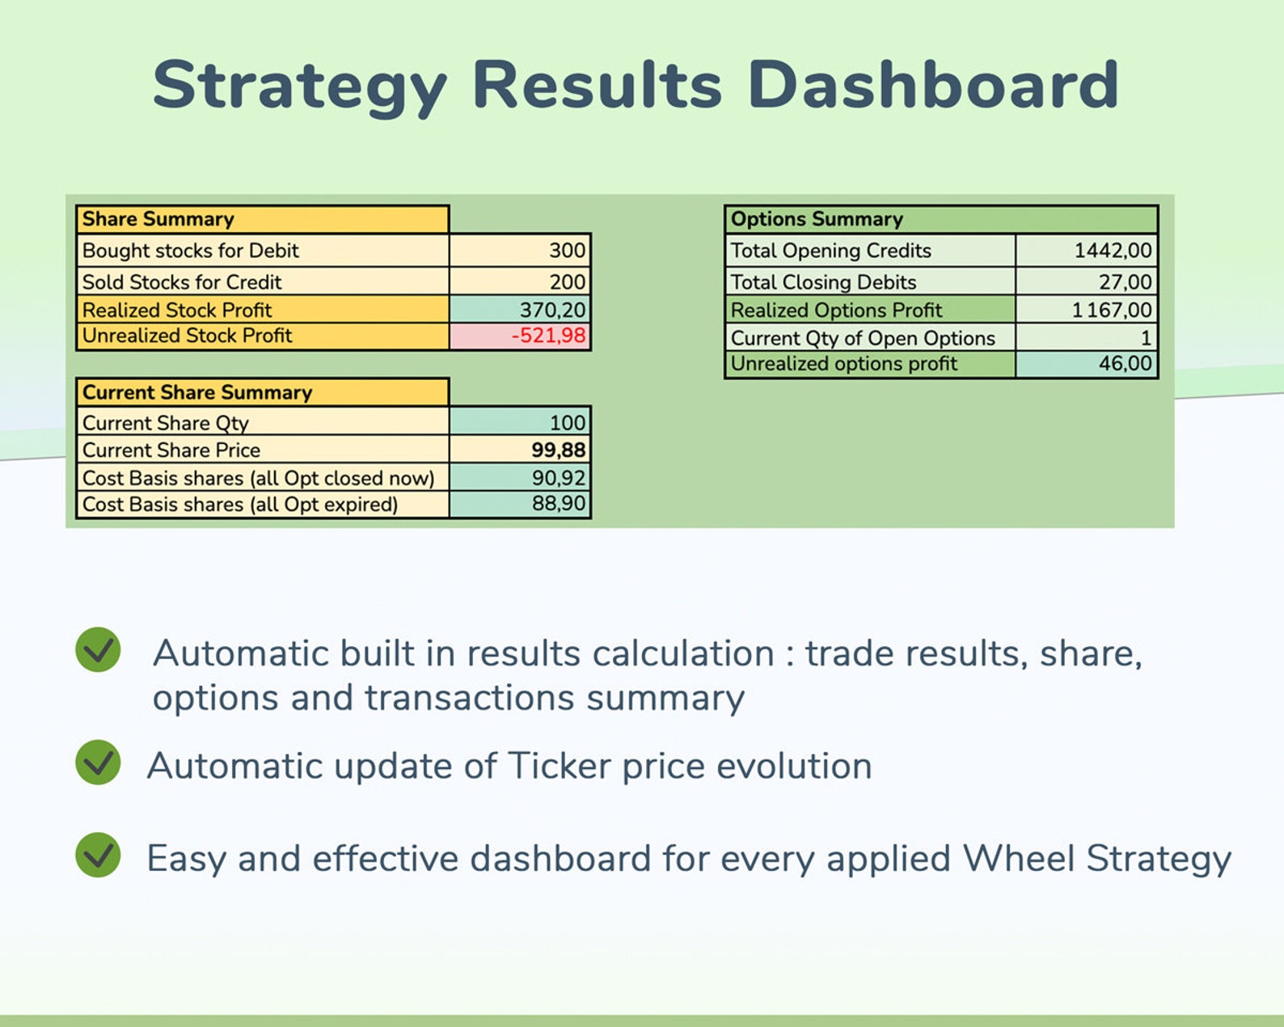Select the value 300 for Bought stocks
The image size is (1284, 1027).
[x=567, y=251]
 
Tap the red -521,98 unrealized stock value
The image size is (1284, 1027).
[x=548, y=336]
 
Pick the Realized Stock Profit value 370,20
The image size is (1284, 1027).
[x=552, y=310]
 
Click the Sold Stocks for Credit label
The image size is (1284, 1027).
[x=182, y=282]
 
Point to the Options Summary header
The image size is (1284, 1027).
[x=817, y=219]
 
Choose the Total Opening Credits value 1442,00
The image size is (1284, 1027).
[x=1113, y=251]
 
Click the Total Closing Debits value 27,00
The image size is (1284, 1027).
[x=1125, y=282]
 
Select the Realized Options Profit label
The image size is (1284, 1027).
[x=836, y=310]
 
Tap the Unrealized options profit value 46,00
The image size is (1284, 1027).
[x=1125, y=364]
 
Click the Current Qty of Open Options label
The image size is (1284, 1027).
[x=863, y=338]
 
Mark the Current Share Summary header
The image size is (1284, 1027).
[x=197, y=392]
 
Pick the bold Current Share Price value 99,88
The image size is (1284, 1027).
[x=558, y=450]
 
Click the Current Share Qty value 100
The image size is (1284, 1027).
[x=567, y=423]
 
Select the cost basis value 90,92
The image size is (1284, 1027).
[x=558, y=478]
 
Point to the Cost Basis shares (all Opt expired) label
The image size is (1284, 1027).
[x=240, y=505]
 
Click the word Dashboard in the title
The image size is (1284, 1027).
[x=933, y=85]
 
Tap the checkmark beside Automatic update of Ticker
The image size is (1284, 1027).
[x=98, y=763]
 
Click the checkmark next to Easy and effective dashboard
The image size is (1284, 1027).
[x=98, y=855]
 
